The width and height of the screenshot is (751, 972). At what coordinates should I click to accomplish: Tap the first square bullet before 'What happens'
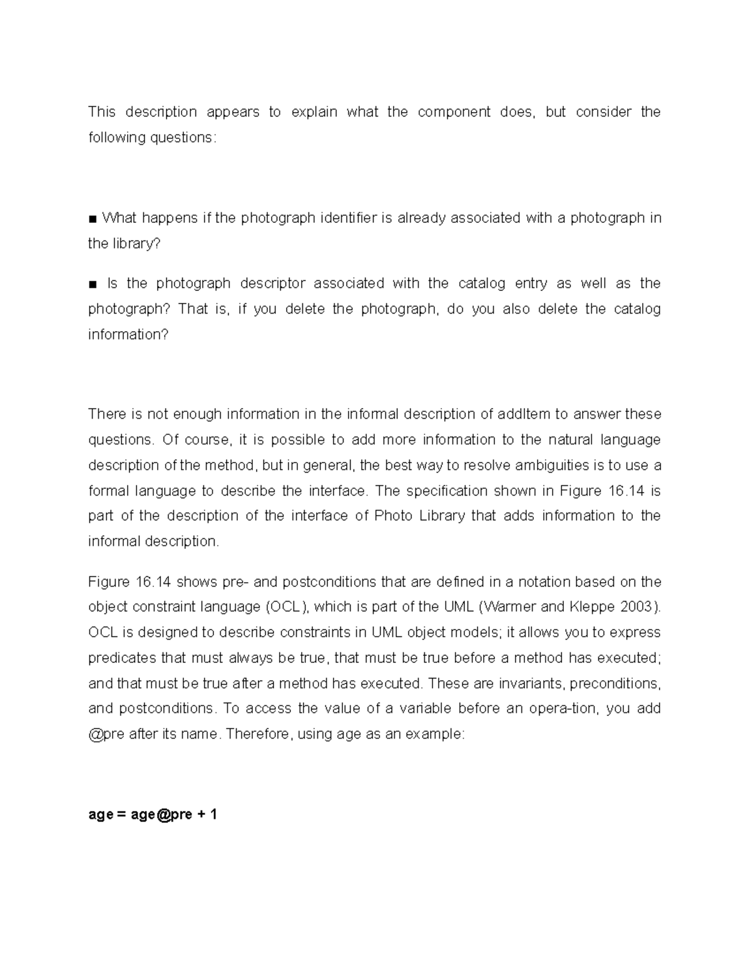(93, 219)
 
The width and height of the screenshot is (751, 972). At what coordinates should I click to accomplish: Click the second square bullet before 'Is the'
(93, 285)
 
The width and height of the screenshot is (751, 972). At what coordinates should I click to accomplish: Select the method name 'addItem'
(524, 414)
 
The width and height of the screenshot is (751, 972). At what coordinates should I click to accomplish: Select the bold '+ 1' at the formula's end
(207, 815)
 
